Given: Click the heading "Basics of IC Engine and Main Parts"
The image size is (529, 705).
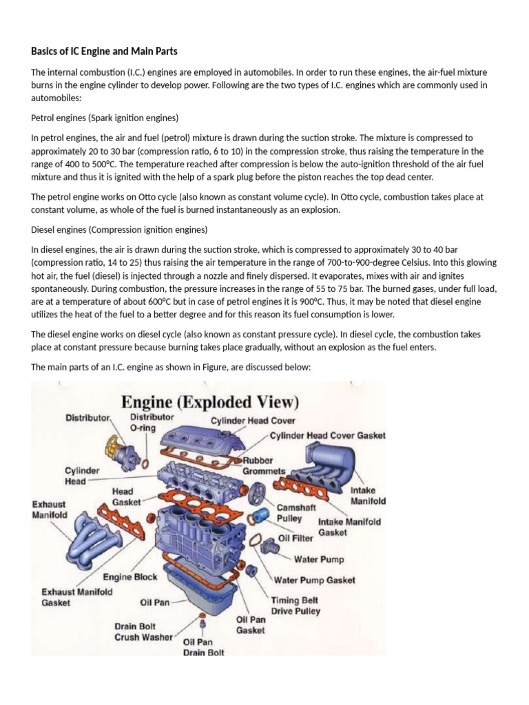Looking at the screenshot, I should coord(104,52).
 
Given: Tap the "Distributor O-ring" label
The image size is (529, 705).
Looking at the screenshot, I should coord(152,422).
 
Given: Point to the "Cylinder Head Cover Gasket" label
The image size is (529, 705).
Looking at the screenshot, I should coord(327,436).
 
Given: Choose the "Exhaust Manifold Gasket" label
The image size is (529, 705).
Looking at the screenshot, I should coord(77,596).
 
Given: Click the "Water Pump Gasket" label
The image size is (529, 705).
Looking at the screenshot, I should coord(315,580).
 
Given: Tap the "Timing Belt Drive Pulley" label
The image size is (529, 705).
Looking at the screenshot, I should coord(295,605).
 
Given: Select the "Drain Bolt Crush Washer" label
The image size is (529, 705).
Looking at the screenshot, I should coord(145,631).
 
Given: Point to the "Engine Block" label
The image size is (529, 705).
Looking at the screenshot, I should coord(130,577).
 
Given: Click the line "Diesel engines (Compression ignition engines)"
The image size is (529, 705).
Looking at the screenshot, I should coord(119,229).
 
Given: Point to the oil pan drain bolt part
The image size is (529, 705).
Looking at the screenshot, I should coord(203,625).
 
